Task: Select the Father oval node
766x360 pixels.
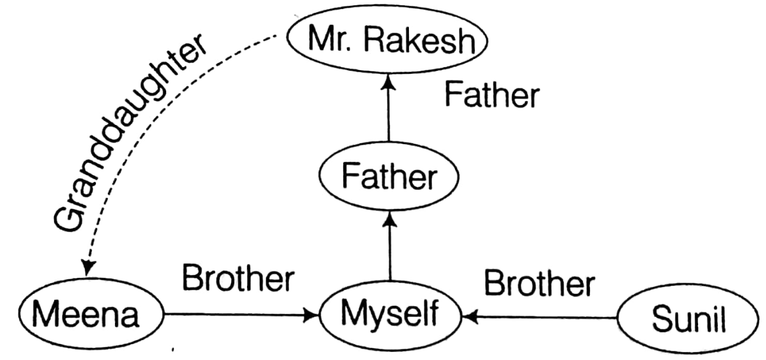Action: click(x=389, y=177)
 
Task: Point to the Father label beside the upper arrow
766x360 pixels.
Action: click(x=492, y=95)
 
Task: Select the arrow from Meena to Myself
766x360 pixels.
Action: click(x=238, y=314)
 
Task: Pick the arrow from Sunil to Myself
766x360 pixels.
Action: click(x=542, y=318)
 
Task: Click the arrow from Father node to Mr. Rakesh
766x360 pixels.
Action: click(x=389, y=113)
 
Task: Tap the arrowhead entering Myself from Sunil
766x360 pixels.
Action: click(x=470, y=318)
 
